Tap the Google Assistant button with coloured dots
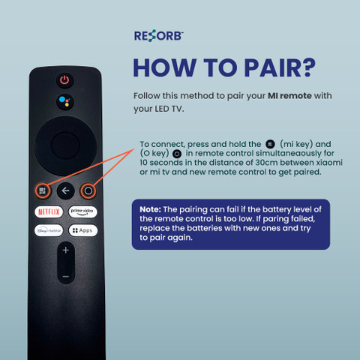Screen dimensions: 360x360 click(x=65, y=102)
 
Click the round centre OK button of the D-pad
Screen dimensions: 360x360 click(x=65, y=145)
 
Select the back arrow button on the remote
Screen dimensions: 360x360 click(x=65, y=190)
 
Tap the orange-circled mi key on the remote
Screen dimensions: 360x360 click(x=43, y=191)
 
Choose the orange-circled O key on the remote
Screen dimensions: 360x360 click(x=88, y=191)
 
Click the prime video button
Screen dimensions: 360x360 click(x=82, y=211)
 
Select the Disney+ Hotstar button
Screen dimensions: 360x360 click(x=49, y=230)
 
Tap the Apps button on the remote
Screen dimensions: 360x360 click(x=82, y=230)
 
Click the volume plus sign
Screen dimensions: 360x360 click(x=66, y=250)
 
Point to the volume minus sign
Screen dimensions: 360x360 click(x=66, y=277)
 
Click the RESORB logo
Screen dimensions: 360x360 click(x=158, y=36)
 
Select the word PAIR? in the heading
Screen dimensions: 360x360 click(x=280, y=67)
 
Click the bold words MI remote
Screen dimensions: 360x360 click(x=289, y=96)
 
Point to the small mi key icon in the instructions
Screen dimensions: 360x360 click(x=270, y=144)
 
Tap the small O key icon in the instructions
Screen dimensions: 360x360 click(x=177, y=154)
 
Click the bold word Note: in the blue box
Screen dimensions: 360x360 click(x=150, y=209)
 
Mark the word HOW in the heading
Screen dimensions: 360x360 click(x=164, y=67)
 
